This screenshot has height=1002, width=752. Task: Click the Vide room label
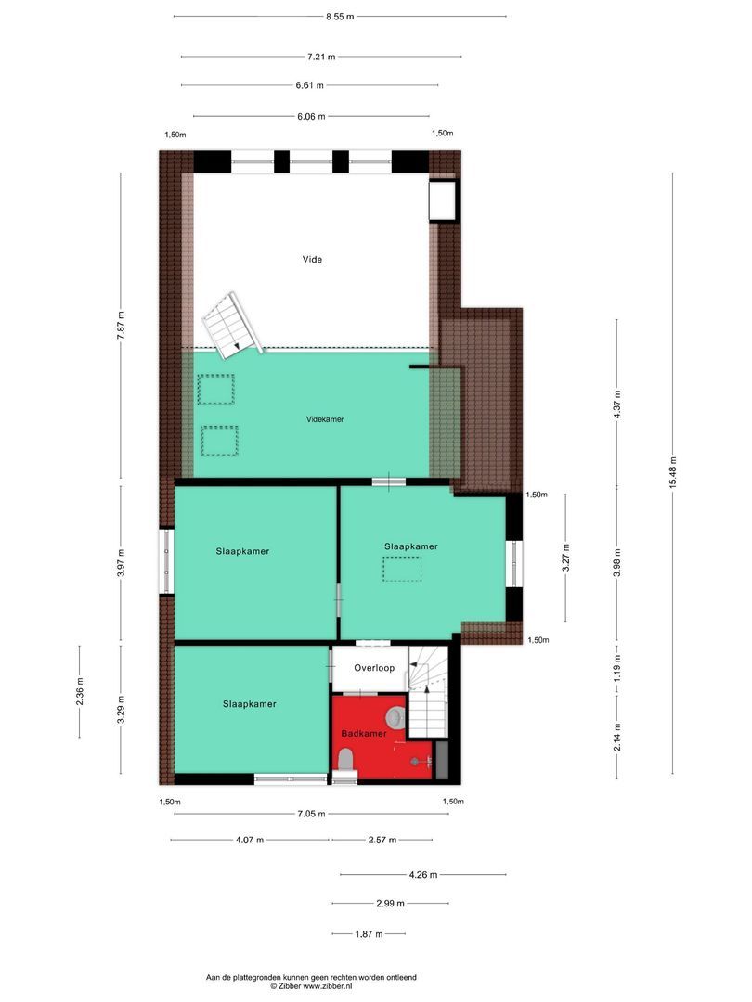[312, 260]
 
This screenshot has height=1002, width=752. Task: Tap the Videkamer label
[325, 419]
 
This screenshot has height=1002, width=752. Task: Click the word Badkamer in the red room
[363, 733]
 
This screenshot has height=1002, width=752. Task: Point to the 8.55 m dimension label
[340, 17]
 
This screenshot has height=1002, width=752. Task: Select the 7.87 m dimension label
[120, 327]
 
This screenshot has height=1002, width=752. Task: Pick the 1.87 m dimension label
[369, 934]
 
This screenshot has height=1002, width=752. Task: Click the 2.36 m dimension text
[79, 692]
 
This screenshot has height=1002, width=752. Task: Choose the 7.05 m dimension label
[311, 815]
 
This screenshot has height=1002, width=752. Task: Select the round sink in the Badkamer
[395, 716]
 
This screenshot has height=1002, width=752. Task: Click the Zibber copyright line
[311, 987]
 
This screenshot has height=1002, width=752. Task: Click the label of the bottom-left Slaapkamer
[249, 704]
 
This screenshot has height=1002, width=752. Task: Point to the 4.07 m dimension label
[249, 840]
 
